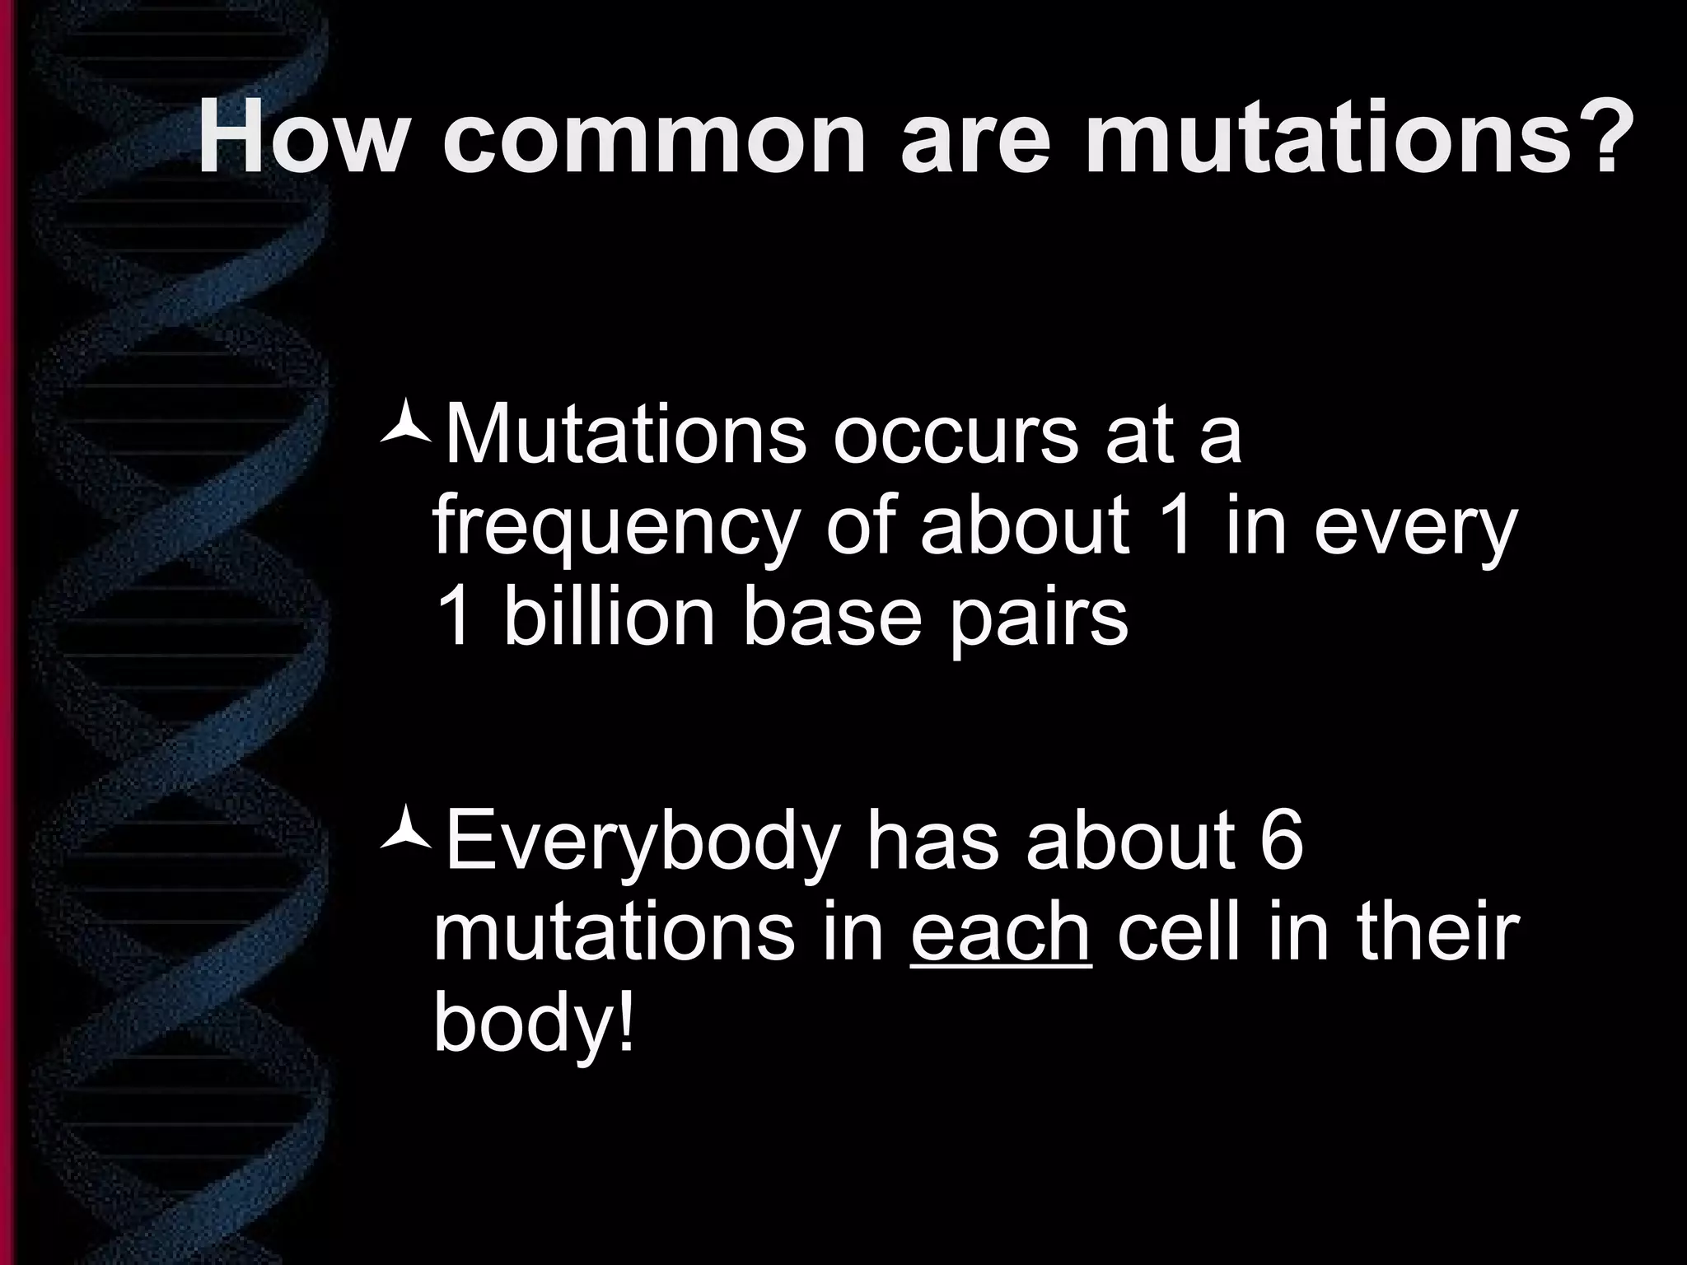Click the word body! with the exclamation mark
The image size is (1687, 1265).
(x=535, y=1025)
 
